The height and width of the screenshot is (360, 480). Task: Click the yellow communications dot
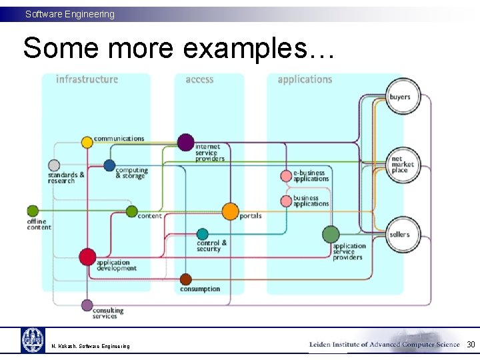tap(87, 142)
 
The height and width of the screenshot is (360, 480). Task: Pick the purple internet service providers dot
tap(186, 142)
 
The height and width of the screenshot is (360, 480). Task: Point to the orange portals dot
tap(230, 212)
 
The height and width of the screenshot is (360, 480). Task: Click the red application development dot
tap(87, 256)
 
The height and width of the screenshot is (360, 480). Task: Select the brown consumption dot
tap(185, 279)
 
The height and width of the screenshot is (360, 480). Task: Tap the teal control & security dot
tap(203, 234)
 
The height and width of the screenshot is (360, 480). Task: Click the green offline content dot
tap(33, 211)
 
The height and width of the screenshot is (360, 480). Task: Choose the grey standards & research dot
tap(55, 165)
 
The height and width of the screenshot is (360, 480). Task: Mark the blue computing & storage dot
tap(109, 165)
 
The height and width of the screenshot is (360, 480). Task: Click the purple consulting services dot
tap(87, 305)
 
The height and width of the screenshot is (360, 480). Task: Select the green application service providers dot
tap(331, 234)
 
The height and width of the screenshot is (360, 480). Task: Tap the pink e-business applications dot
tap(286, 177)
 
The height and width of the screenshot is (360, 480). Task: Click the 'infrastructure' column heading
tap(87, 79)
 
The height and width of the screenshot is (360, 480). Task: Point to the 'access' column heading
tap(199, 79)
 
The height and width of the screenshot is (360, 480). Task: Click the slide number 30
tap(471, 345)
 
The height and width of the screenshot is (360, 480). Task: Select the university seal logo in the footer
tap(33, 340)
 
